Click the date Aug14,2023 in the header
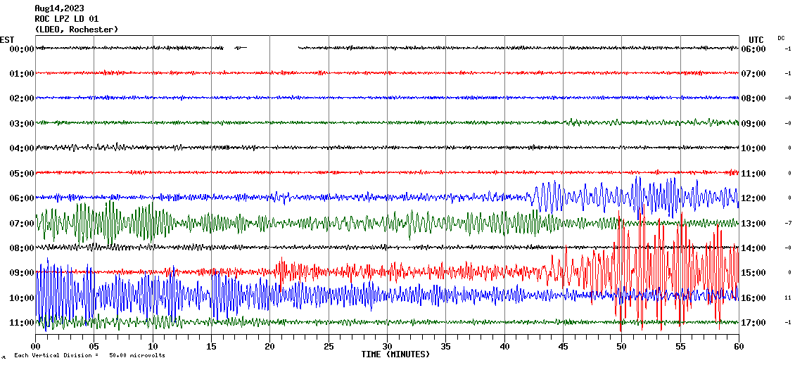[x=59, y=8]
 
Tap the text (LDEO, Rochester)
[x=76, y=30]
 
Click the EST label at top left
[x=7, y=39]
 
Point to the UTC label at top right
[x=756, y=39]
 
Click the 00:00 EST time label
[x=22, y=49]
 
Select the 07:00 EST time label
[x=22, y=223]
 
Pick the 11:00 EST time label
[x=22, y=323]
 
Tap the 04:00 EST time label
[x=22, y=148]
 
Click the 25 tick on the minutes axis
[x=329, y=347]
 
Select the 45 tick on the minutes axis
[x=563, y=347]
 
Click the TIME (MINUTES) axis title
[x=395, y=354]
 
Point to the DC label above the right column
[x=781, y=38]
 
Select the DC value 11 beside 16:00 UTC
[x=788, y=298]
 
